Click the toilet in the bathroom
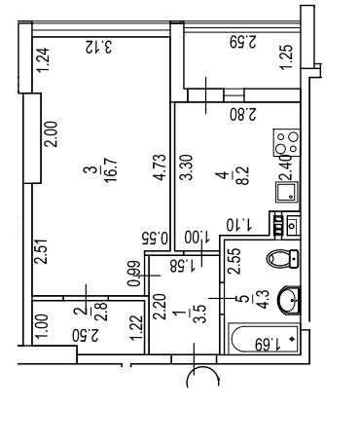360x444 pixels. (282, 259)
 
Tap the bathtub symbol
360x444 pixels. (263, 339)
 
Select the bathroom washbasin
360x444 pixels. (290, 300)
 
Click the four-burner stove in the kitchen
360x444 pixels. (286, 142)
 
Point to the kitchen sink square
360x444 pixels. (287, 192)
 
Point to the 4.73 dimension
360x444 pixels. (160, 166)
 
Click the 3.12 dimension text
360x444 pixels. (99, 47)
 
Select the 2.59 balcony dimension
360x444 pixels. (243, 42)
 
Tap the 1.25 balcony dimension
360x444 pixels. (286, 56)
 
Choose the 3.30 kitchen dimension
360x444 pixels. (187, 167)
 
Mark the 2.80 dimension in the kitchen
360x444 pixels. (243, 115)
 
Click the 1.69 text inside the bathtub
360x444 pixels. (268, 345)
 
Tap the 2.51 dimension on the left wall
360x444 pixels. (42, 251)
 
